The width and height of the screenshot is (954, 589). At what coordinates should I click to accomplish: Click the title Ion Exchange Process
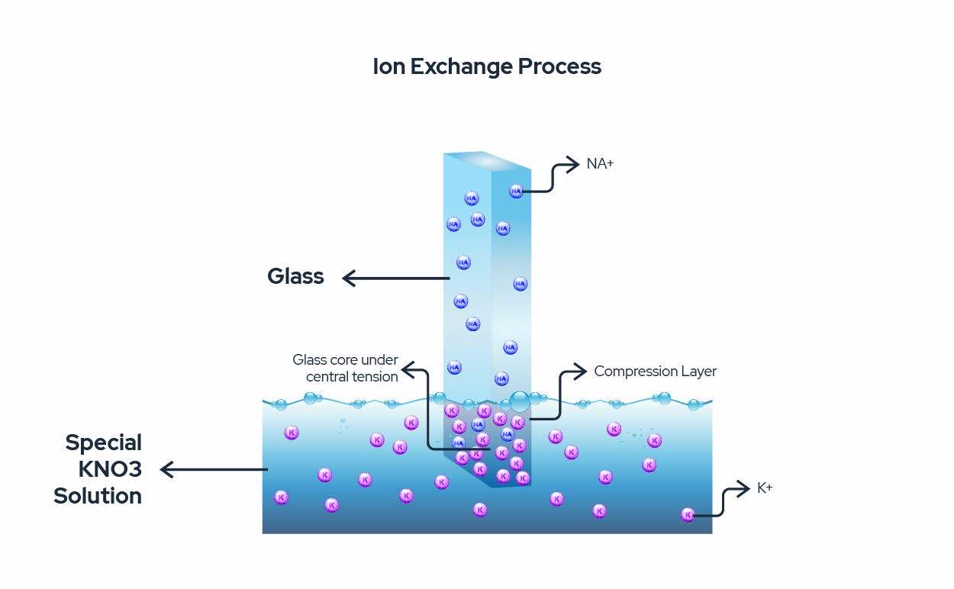coord(486,67)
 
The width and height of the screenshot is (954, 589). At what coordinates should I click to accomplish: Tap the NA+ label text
coord(600,163)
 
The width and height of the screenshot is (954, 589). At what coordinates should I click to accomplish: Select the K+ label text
coord(765,488)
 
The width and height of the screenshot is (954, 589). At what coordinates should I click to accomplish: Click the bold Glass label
coord(295,276)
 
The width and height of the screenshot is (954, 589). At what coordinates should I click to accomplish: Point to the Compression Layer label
coord(655,372)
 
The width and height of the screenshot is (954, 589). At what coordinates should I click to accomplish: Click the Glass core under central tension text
coord(346,368)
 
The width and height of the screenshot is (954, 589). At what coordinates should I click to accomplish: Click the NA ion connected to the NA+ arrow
coord(516,191)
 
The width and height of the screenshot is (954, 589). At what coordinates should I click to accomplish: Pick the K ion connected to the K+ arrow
coord(688,514)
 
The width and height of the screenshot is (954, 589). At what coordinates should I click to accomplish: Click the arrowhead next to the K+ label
coord(743,488)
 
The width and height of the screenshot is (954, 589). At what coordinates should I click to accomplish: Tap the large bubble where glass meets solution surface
coord(520,401)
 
